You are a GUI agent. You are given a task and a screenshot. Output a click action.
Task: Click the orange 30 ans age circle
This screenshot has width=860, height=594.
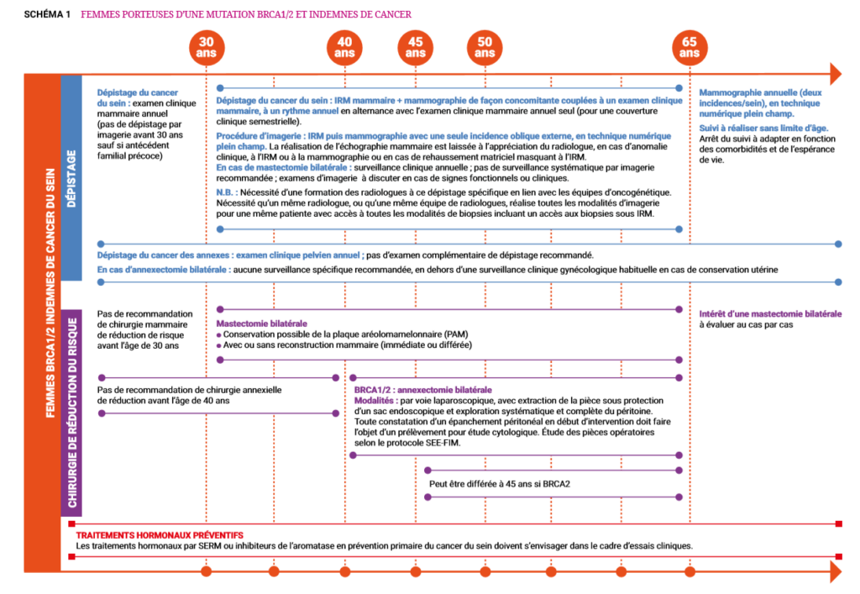[x=207, y=47]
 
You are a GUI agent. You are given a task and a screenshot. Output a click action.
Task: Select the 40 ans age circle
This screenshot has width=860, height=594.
[x=344, y=47]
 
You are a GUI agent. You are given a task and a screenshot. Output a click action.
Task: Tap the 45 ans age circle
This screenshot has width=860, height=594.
[x=415, y=47]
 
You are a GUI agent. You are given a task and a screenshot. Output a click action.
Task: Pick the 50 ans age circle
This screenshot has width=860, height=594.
[x=485, y=47]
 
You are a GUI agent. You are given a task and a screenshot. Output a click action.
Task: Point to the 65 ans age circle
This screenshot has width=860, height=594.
[x=690, y=47]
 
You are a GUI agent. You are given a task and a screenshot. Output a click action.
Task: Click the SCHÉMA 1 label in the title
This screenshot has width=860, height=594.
[x=47, y=15]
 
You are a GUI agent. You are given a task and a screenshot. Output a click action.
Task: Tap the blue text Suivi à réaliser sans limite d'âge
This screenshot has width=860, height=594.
[x=747, y=128]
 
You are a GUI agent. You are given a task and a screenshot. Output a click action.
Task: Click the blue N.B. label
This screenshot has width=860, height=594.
[x=226, y=192]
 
